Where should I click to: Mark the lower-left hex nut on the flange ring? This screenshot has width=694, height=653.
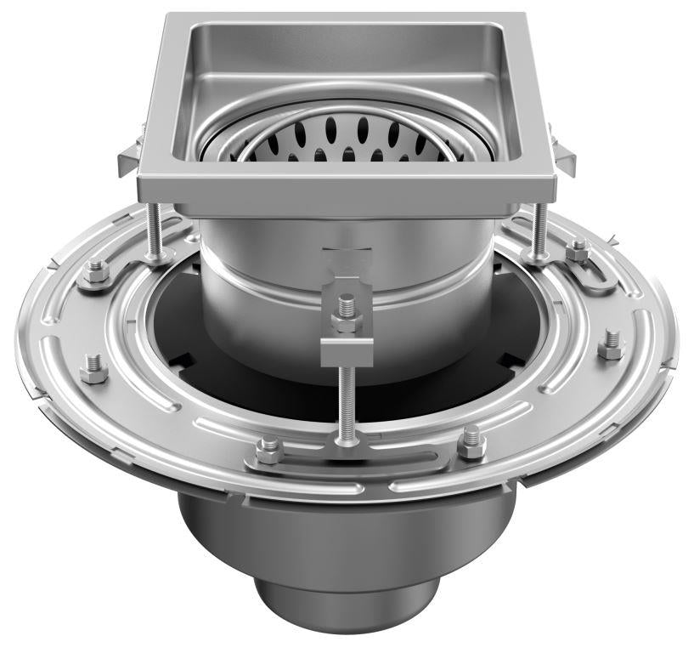pos(91,372)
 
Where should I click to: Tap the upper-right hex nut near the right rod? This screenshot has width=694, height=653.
pos(579,250)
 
